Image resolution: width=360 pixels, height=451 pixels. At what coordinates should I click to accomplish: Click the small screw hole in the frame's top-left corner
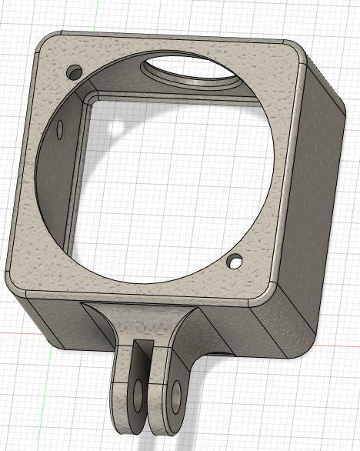tap(75, 72)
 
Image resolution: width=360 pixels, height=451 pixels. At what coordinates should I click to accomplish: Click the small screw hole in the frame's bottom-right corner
tap(235, 262)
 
